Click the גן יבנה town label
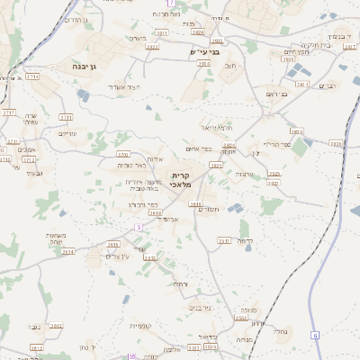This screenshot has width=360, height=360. tap(94, 66)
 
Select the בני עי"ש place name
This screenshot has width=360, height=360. tap(203, 52)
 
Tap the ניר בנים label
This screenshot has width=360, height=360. tap(201, 307)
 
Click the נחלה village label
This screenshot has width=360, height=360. tap(280, 330)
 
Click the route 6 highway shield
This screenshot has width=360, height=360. tap(316, 335)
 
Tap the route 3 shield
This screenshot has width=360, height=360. tap(139, 227)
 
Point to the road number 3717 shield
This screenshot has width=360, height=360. tap(9, 112)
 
